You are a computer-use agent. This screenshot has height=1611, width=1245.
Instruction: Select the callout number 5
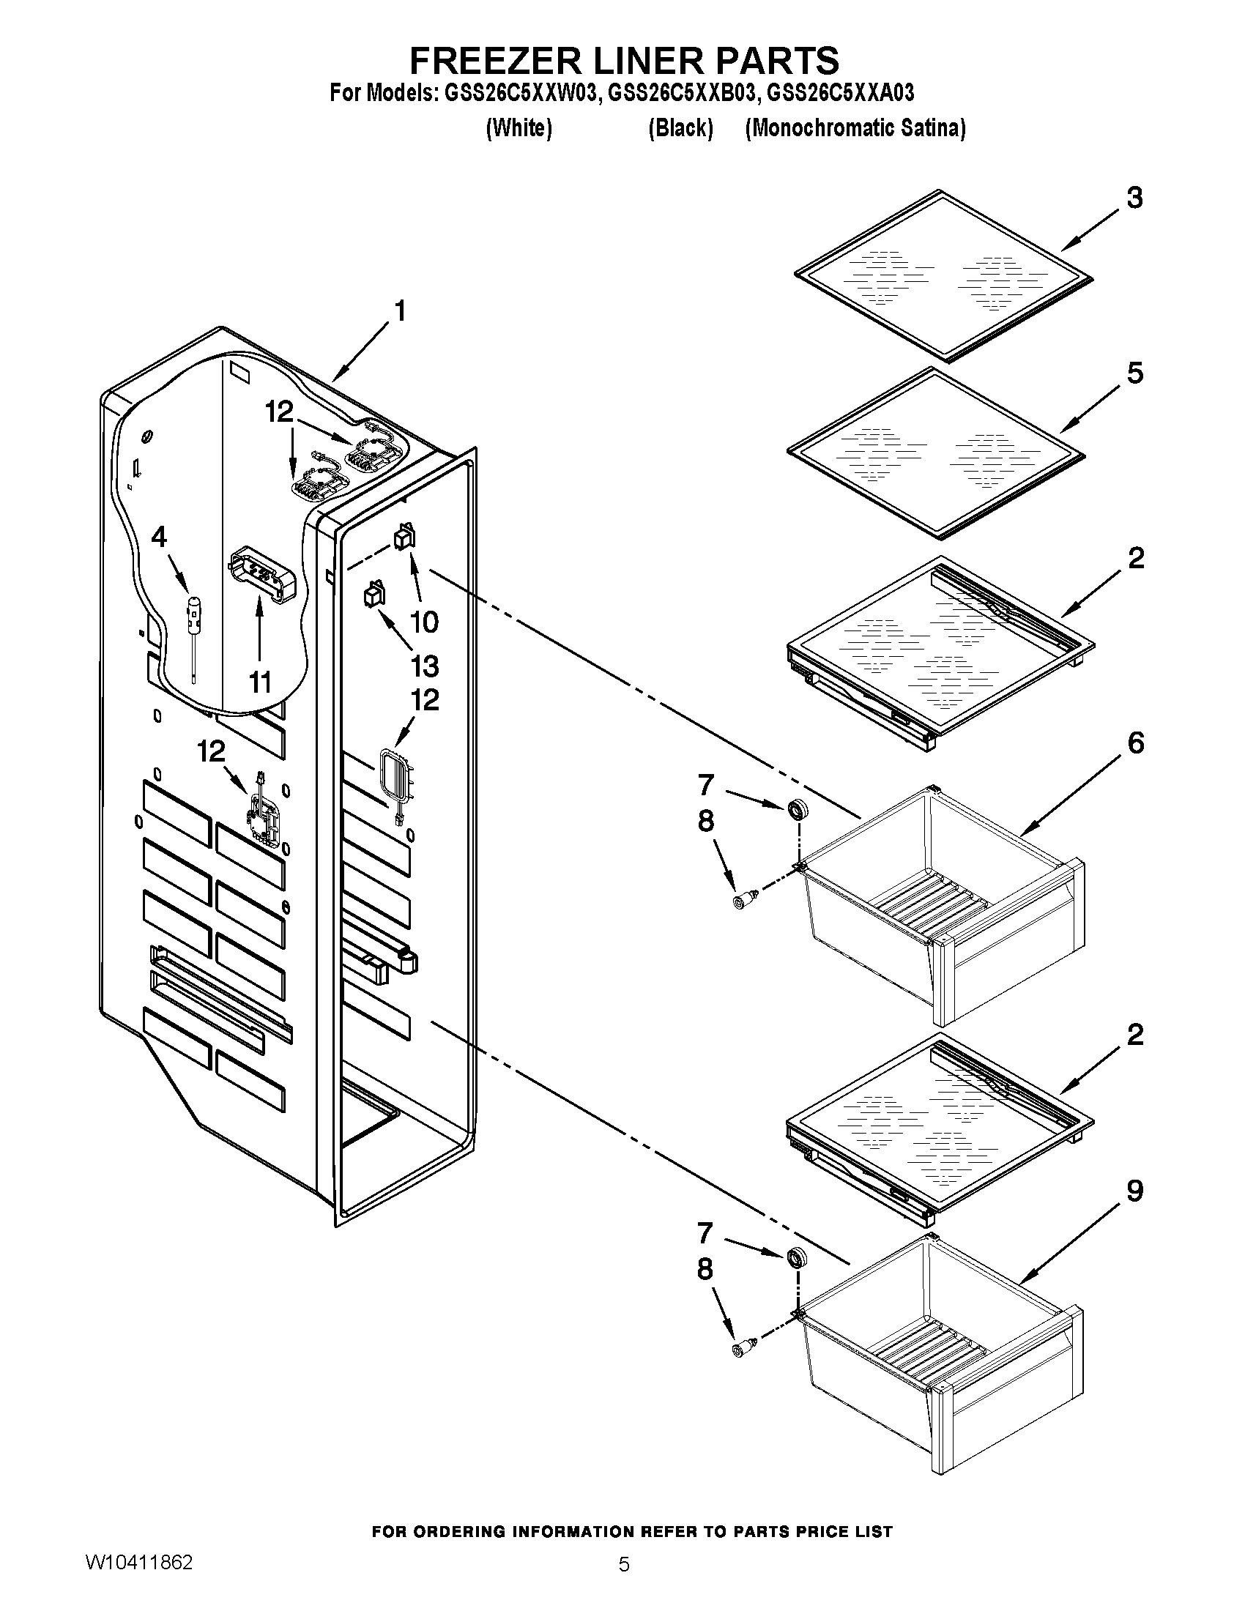1135,373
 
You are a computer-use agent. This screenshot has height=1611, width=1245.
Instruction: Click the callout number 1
399,311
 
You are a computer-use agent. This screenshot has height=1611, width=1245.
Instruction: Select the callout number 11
260,682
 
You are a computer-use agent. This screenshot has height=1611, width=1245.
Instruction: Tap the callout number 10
424,622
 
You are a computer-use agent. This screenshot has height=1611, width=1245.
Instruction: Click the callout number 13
425,666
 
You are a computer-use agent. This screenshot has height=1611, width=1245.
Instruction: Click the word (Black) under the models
680,128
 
